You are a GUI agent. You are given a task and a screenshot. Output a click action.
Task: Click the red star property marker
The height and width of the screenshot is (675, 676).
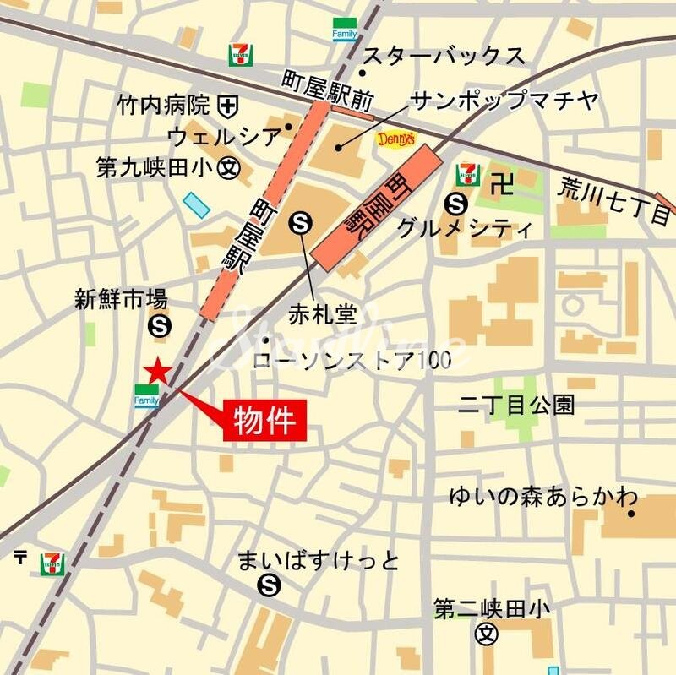click(157, 370)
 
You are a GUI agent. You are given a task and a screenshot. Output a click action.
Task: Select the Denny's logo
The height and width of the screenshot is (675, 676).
click(395, 139)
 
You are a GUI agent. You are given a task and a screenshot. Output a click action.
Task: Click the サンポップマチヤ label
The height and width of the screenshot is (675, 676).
click(504, 101)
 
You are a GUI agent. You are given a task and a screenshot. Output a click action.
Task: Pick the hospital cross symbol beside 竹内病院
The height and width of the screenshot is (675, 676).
click(227, 106)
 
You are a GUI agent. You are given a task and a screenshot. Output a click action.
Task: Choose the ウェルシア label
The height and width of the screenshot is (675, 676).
click(224, 135)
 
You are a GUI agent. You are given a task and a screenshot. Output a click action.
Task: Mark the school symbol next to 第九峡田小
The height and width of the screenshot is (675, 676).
click(227, 167)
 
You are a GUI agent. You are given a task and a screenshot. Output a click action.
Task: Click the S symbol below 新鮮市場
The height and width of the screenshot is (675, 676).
click(158, 324)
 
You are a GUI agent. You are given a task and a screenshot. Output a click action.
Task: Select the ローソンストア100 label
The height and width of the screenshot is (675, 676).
click(352, 359)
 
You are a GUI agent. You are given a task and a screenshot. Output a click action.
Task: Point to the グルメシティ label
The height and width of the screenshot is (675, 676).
click(465, 228)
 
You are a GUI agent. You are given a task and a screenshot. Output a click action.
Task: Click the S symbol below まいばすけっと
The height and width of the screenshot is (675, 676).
click(270, 583)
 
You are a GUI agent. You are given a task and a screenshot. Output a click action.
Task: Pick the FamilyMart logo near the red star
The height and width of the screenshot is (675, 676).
click(146, 395)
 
